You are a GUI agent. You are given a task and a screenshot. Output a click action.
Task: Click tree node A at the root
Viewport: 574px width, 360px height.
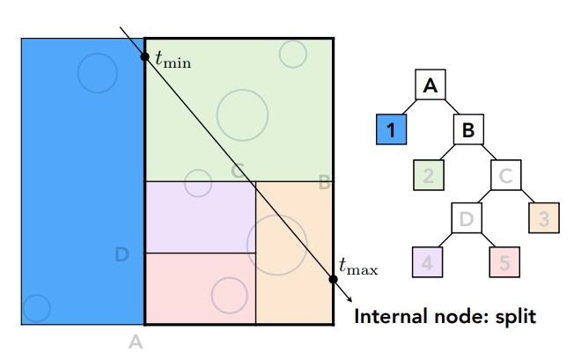click(x=430, y=85)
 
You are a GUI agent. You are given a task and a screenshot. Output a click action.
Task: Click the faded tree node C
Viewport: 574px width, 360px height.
click(x=505, y=174)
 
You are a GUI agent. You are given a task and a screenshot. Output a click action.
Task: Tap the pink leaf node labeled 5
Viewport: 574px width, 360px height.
click(x=505, y=261)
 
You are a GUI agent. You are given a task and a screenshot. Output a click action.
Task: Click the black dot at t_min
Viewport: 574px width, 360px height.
click(x=145, y=57)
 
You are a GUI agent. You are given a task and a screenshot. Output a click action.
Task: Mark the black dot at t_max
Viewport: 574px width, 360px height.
click(x=333, y=280)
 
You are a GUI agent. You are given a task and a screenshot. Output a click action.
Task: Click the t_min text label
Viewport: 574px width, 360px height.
click(x=173, y=60)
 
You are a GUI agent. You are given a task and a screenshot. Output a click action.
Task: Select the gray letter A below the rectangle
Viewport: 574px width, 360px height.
click(x=136, y=342)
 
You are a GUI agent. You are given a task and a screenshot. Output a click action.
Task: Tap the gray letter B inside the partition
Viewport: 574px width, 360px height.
click(x=324, y=183)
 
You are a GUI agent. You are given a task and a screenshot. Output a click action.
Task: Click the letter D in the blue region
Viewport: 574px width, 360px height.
click(x=122, y=254)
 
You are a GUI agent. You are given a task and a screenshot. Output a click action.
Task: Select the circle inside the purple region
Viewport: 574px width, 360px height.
click(x=198, y=183)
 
